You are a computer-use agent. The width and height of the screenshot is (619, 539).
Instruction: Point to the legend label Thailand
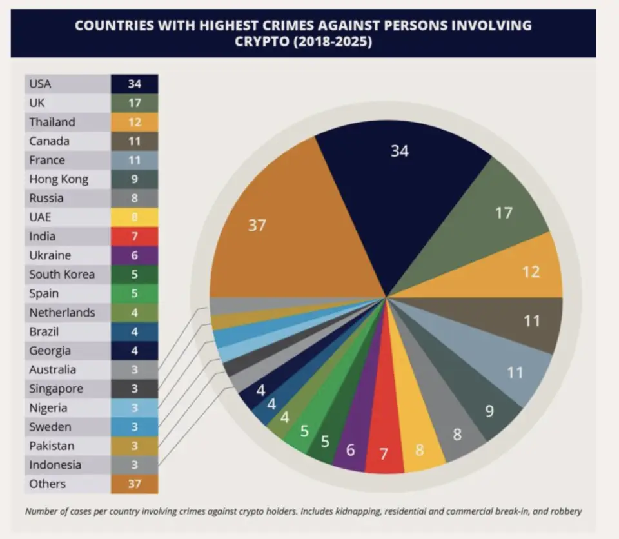point(52,122)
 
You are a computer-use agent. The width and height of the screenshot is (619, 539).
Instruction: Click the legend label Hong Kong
point(59,179)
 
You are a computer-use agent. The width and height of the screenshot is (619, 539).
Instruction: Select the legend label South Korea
point(62,274)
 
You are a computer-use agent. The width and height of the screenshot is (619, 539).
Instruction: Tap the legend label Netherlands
point(62,313)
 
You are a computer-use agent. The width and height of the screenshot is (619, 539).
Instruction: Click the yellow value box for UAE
point(134,217)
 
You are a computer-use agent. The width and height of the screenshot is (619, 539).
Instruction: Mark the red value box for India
point(134,236)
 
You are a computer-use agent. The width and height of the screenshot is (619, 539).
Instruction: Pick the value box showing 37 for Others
point(134,484)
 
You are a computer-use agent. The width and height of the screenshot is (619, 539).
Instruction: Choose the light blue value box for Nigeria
point(134,408)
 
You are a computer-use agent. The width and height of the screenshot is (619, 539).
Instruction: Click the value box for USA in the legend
point(134,84)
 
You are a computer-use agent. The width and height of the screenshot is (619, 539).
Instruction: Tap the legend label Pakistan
point(52,446)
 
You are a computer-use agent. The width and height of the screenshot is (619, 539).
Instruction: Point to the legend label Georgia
point(50,351)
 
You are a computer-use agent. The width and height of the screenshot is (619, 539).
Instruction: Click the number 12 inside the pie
point(531,271)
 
